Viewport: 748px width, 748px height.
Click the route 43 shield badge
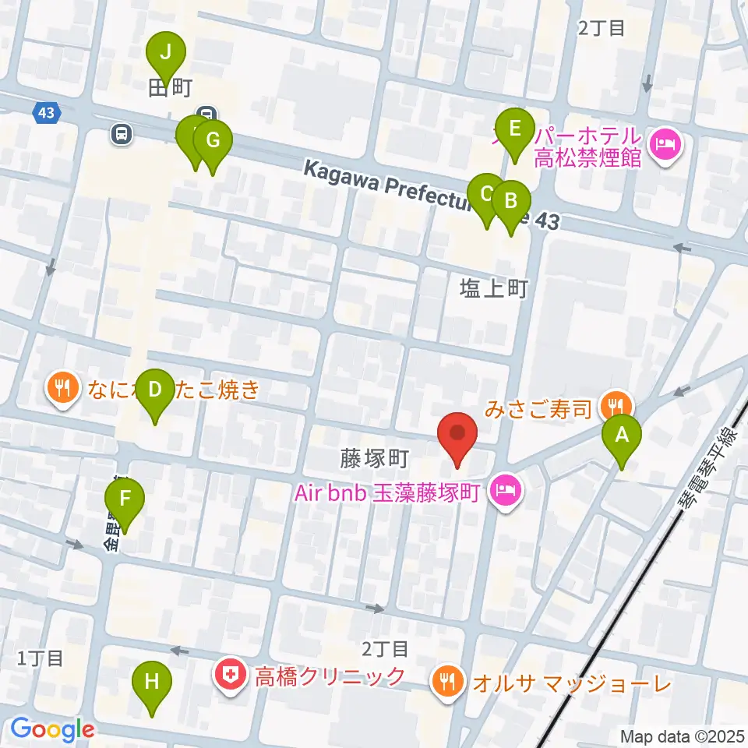pos(45,114)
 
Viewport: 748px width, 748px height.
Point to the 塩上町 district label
pos(494,289)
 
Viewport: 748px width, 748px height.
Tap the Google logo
pos(53,729)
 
